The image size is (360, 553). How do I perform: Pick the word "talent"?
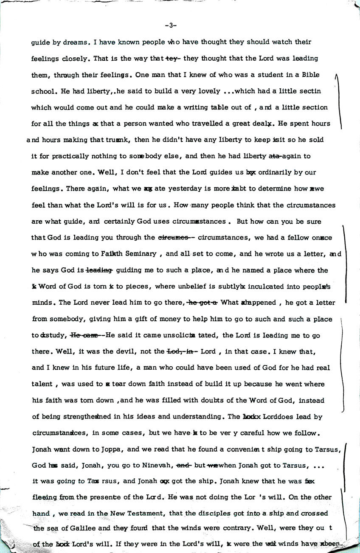point(42,385)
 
